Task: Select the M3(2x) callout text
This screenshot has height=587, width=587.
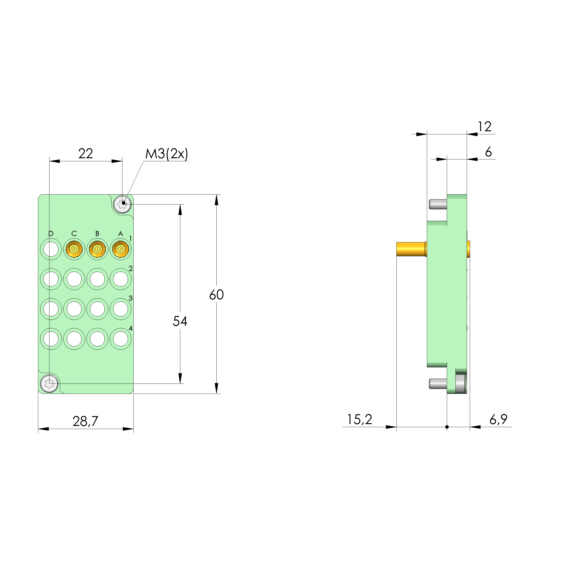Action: coord(166,154)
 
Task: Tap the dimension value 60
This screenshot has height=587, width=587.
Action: coord(216,295)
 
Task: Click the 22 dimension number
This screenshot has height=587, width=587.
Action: coord(85,154)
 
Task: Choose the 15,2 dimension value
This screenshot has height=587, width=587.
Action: coord(359,420)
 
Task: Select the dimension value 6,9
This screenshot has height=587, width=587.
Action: coord(498,420)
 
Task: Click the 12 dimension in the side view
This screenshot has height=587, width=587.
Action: coord(485,127)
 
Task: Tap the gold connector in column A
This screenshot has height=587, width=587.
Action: coord(121,249)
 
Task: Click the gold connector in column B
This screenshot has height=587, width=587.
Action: coord(97,249)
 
